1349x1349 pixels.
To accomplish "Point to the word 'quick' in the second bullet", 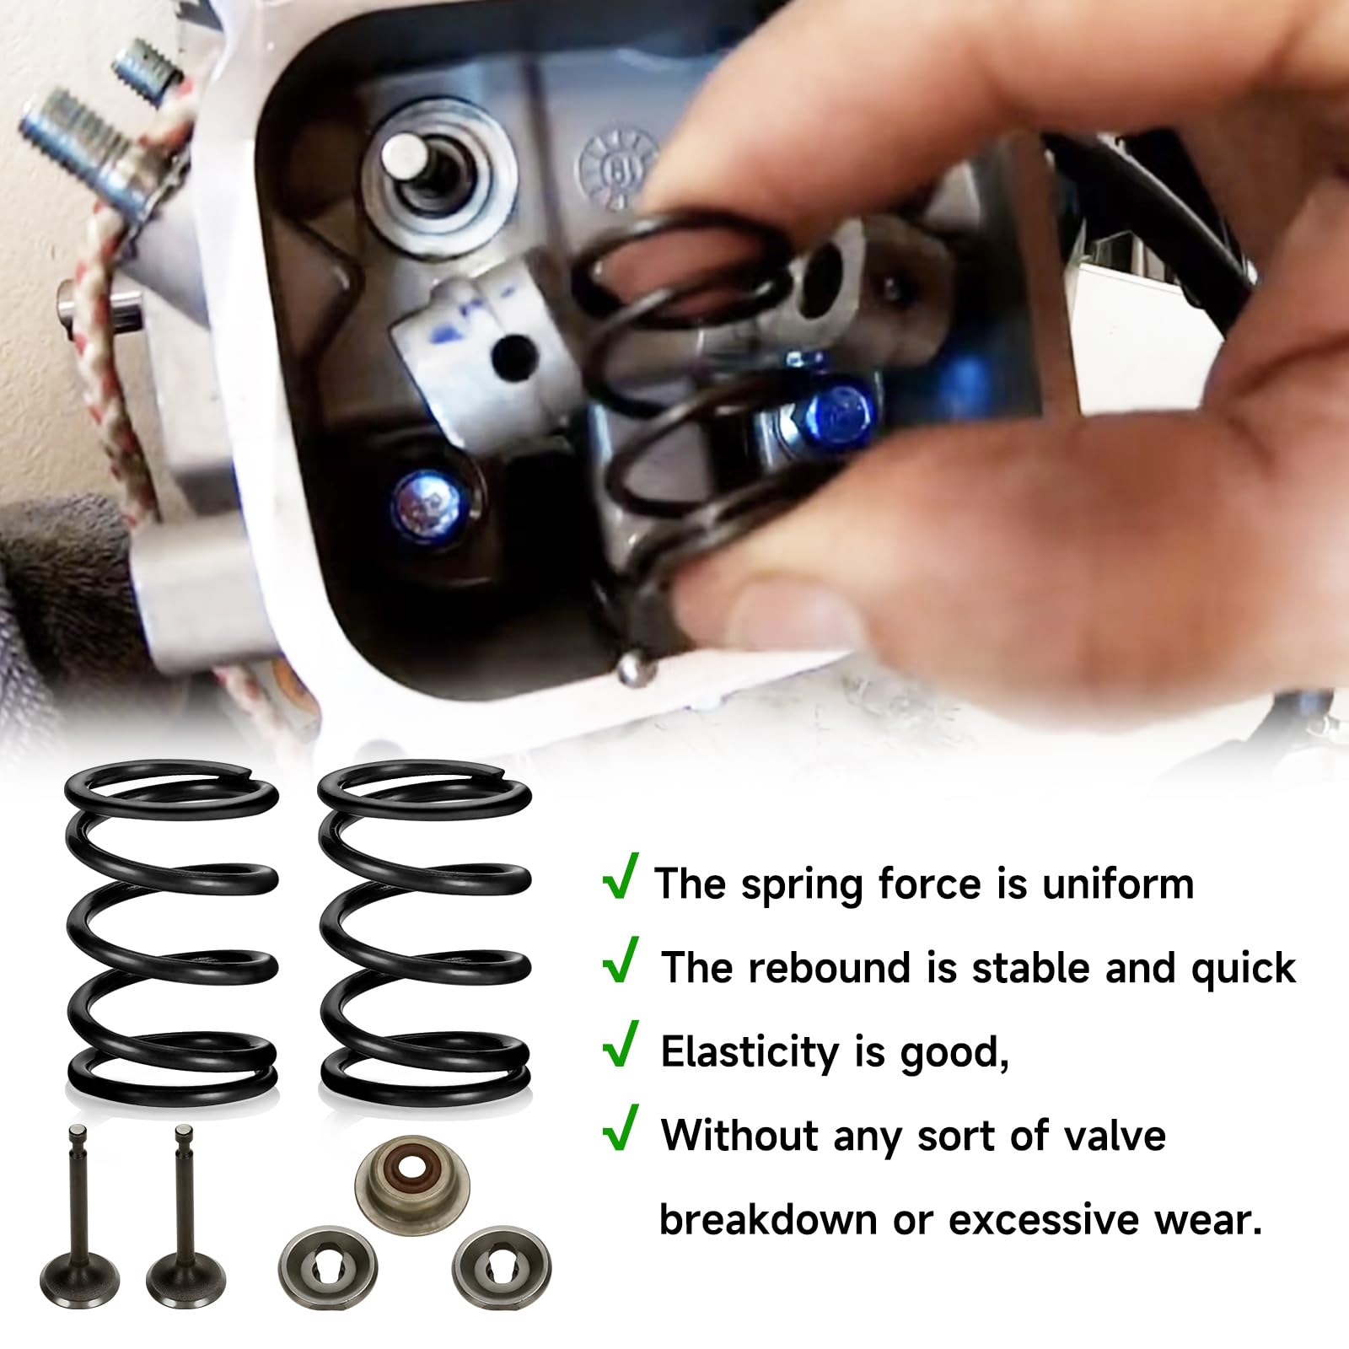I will coord(1244,968).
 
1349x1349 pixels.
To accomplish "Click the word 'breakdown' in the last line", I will coord(768,1219).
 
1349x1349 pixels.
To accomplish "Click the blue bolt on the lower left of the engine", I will coord(423,498).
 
